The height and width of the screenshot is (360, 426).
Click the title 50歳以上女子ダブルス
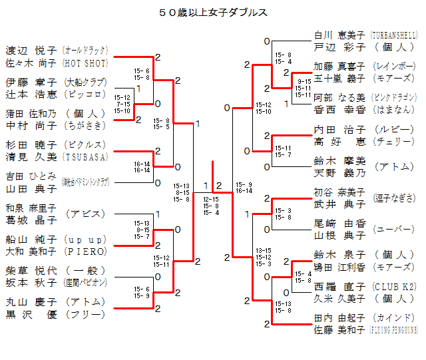tap(214, 12)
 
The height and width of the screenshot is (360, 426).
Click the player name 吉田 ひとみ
tap(31, 176)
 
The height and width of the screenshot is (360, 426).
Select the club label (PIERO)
tap(85, 252)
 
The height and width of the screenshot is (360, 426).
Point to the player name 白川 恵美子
tap(339, 35)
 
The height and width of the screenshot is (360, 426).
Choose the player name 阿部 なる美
tap(339, 96)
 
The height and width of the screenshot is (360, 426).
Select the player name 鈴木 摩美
tap(339, 160)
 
